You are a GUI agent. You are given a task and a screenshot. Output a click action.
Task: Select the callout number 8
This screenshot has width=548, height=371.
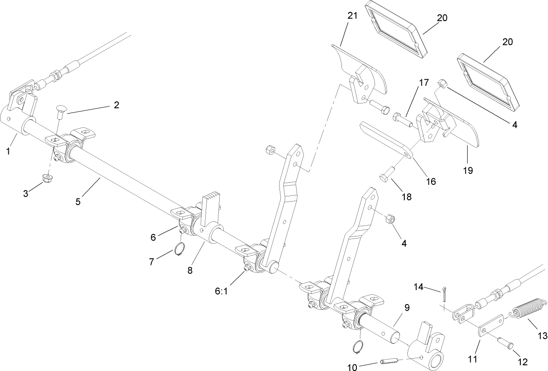point(190,271)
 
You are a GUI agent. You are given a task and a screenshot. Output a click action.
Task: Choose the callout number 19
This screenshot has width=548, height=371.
point(468,170)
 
